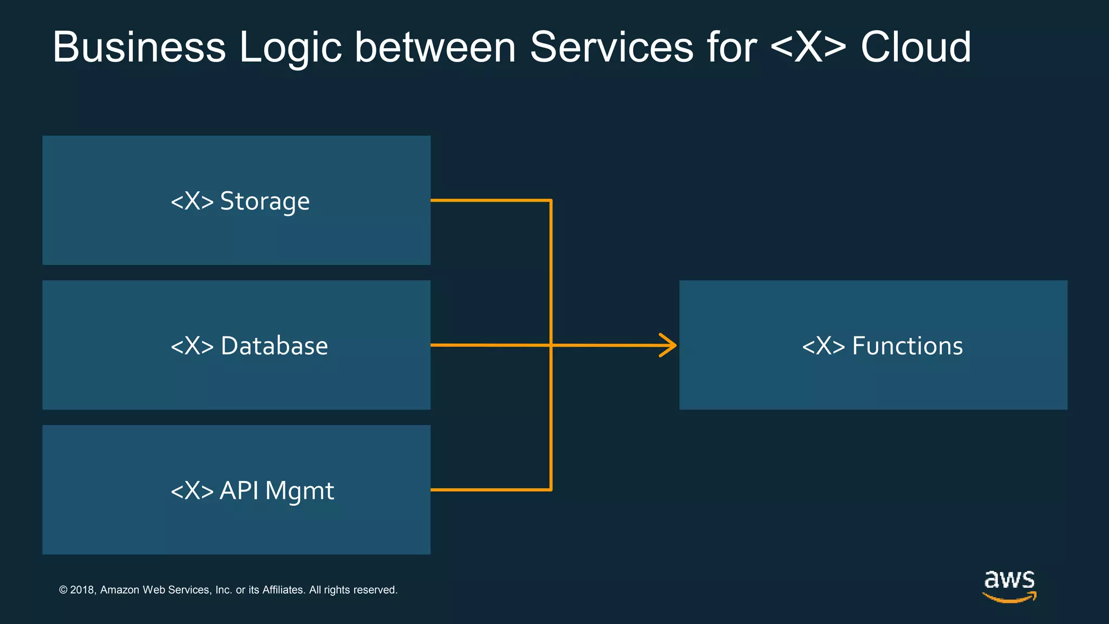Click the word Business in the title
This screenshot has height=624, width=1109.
pyautogui.click(x=139, y=48)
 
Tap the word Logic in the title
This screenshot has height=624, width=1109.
pyautogui.click(x=290, y=48)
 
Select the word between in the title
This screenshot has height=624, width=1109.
pyautogui.click(x=435, y=48)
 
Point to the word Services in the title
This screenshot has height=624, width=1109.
pyautogui.click(x=611, y=48)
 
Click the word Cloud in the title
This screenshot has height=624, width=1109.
pyautogui.click(x=916, y=48)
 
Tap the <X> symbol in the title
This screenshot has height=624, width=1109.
pyautogui.click(x=807, y=48)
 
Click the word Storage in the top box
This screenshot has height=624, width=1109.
pyautogui.click(x=265, y=201)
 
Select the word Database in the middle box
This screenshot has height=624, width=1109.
pyautogui.click(x=274, y=346)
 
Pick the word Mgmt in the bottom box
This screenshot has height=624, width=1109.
pyautogui.click(x=299, y=491)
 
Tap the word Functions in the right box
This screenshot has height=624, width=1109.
pyautogui.click(x=908, y=346)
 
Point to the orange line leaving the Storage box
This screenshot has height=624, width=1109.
pyautogui.click(x=487, y=200)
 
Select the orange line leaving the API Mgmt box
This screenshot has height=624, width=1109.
pyautogui.click(x=487, y=490)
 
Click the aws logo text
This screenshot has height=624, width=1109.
pyautogui.click(x=1009, y=580)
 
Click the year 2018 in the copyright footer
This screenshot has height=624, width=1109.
pyautogui.click(x=82, y=590)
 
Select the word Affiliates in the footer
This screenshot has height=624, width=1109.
pyautogui.click(x=283, y=590)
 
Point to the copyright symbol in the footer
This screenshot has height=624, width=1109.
pyautogui.click(x=63, y=590)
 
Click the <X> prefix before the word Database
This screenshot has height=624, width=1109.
pyautogui.click(x=192, y=346)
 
